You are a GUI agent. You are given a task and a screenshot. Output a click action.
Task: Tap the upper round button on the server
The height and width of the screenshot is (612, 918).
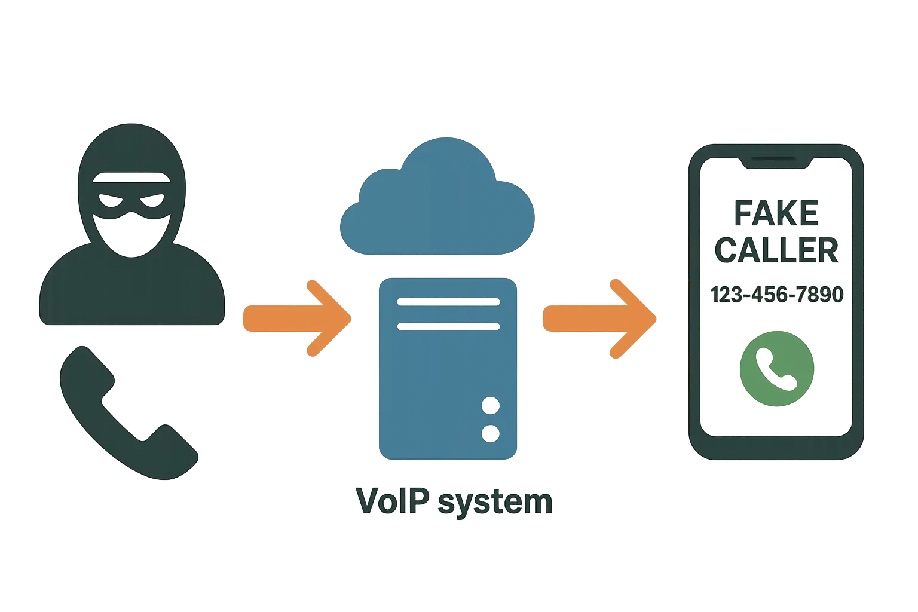(490, 406)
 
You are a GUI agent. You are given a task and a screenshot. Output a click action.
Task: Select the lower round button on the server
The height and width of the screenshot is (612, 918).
(490, 433)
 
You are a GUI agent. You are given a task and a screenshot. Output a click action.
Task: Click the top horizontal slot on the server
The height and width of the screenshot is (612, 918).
(448, 302)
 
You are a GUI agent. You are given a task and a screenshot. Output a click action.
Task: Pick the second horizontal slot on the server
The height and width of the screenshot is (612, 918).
(448, 326)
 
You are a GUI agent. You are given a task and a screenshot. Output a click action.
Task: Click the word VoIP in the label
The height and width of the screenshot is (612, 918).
(393, 501)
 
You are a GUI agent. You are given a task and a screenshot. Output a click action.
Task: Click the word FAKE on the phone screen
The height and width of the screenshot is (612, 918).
(776, 214)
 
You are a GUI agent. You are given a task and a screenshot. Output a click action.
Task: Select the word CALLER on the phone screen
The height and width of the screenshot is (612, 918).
(776, 250)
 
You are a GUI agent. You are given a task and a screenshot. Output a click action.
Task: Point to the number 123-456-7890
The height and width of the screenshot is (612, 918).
(776, 294)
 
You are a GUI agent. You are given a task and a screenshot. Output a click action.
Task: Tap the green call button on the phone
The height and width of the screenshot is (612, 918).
(776, 368)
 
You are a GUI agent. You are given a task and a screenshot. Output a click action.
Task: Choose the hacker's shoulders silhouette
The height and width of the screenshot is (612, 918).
(131, 293)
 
